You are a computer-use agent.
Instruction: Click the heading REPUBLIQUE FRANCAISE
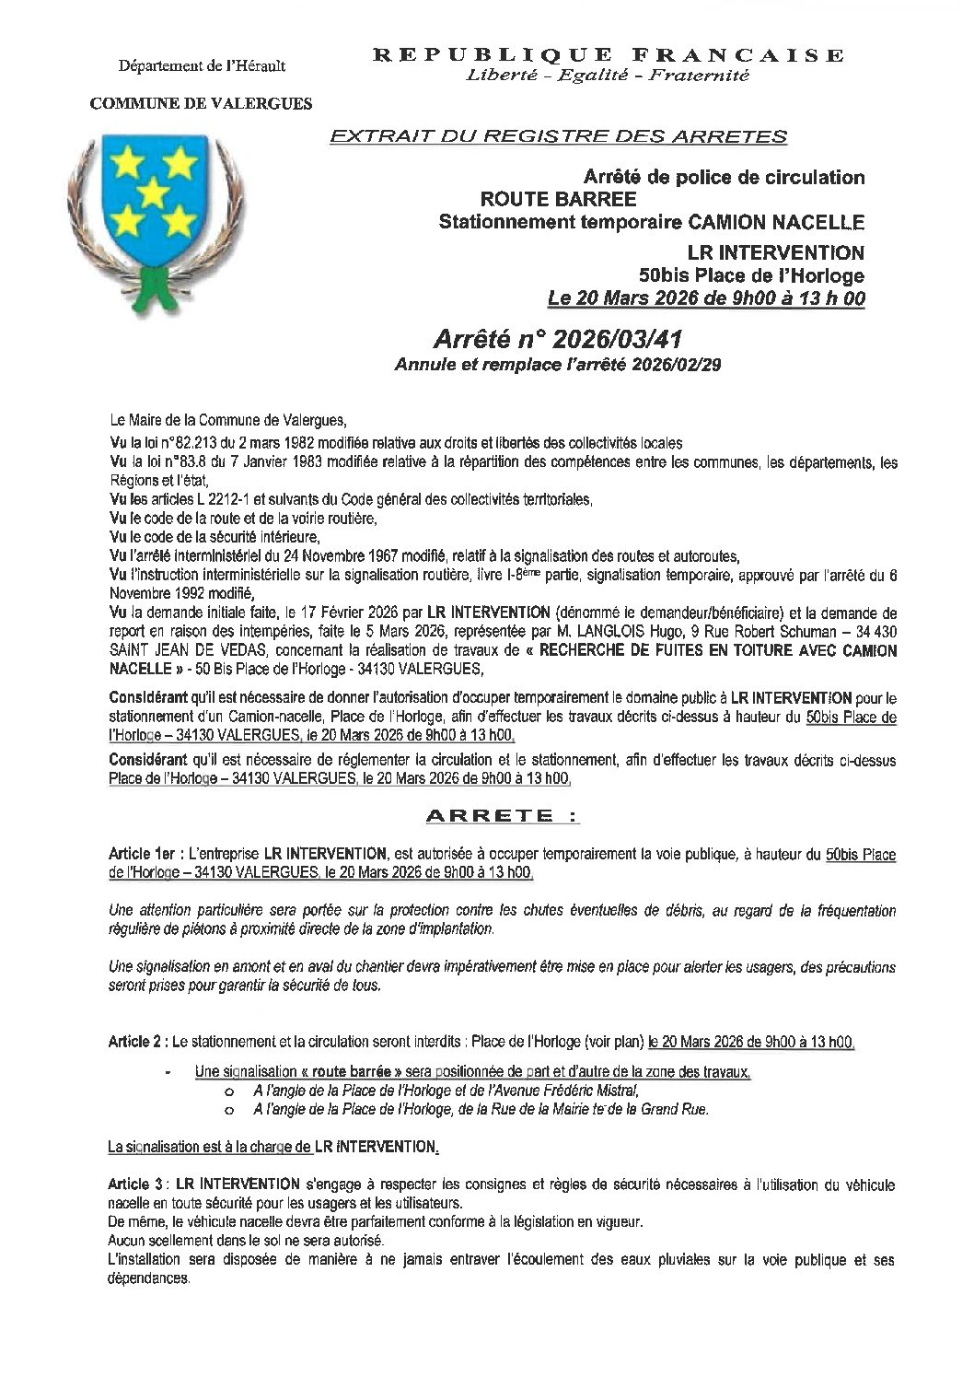pyautogui.click(x=608, y=55)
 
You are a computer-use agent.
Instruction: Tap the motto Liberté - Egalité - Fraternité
pyautogui.click(x=608, y=76)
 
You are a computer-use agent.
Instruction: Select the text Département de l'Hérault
pyautogui.click(x=202, y=65)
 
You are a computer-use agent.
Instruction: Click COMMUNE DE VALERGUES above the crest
pyautogui.click(x=201, y=104)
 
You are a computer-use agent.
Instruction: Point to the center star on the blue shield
pyautogui.click(x=153, y=192)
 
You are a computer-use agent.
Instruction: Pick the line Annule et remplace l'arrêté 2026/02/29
pyautogui.click(x=558, y=364)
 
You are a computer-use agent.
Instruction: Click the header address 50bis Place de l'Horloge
pyautogui.click(x=752, y=274)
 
